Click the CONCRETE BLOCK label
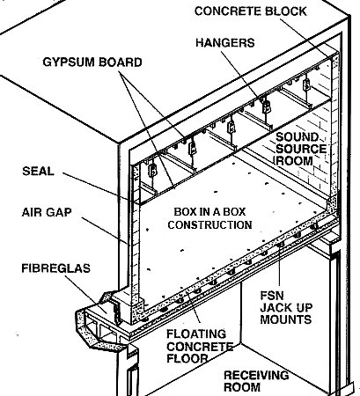click(250, 11)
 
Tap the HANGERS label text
click(225, 43)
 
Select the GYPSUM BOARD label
click(92, 62)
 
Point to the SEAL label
click(38, 171)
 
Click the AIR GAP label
click(47, 212)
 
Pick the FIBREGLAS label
click(55, 268)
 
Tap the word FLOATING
click(196, 334)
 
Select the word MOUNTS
click(286, 319)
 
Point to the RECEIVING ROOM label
click(256, 381)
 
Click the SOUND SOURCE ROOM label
click(301, 149)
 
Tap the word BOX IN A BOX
click(209, 211)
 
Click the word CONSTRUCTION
click(209, 224)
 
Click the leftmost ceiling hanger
click(152, 171)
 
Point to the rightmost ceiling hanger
click(306, 84)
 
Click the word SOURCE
click(301, 149)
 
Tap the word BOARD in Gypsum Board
click(121, 62)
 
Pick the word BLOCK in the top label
click(286, 11)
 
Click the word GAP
click(61, 212)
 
